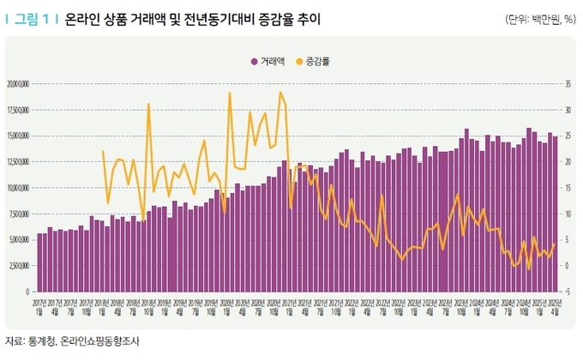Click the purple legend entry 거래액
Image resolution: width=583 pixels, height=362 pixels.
(x=273, y=61)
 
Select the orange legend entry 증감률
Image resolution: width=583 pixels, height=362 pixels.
(x=317, y=61)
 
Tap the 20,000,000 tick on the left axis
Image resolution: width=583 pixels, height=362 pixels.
(x=18, y=84)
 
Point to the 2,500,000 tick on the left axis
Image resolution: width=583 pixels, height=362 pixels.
(x=20, y=265)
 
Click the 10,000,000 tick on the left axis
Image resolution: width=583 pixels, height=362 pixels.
(x=18, y=187)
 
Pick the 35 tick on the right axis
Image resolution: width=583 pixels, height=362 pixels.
(x=569, y=84)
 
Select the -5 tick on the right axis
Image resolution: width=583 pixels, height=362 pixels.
(x=569, y=292)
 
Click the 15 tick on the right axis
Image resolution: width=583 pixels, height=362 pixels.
(x=569, y=187)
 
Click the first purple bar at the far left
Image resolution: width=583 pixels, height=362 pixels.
(x=39, y=262)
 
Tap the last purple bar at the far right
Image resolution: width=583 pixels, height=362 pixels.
(x=556, y=214)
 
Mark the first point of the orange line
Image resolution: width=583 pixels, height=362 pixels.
(x=103, y=151)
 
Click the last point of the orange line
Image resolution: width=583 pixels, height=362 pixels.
(x=556, y=244)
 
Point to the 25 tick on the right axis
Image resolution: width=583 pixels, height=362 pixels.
(x=569, y=136)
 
